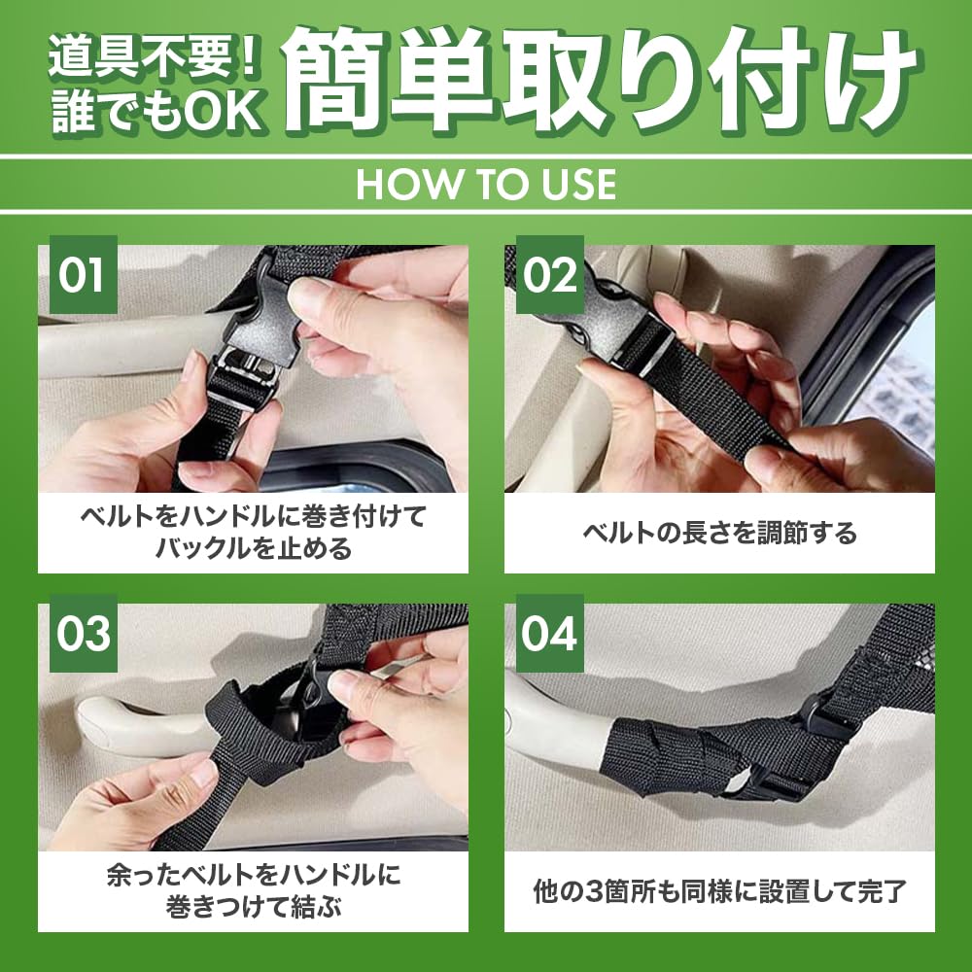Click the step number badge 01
coord(83,274)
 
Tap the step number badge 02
coord(550,274)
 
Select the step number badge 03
coord(83,633)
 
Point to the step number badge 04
coord(550,633)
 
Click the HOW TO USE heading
coord(486,184)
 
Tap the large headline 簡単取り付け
coord(602,80)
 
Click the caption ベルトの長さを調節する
coord(719,533)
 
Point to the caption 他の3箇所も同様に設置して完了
coord(719,891)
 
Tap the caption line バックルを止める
coord(254,548)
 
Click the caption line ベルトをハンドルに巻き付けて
coord(254,516)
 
